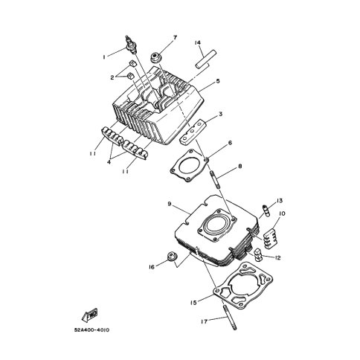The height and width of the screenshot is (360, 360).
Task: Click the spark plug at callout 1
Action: (131, 45)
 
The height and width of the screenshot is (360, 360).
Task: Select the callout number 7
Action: (175, 38)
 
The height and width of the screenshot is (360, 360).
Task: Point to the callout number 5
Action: (218, 81)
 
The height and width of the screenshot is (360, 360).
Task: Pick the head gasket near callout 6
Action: (189, 166)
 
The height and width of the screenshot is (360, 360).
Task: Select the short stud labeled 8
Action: (215, 179)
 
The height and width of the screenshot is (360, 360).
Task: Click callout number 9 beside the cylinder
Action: (170, 204)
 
